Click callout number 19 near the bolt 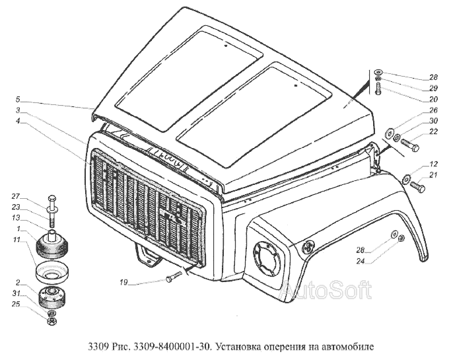(123, 282)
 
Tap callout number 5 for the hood (18, 100)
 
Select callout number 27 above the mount (16, 197)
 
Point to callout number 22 (433, 131)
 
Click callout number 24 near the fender (361, 261)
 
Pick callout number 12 (433, 164)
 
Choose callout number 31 (16, 293)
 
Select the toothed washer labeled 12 (405, 179)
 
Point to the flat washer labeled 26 (390, 133)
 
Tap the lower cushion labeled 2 (52, 297)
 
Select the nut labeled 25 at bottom (52, 322)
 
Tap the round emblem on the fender (308, 246)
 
